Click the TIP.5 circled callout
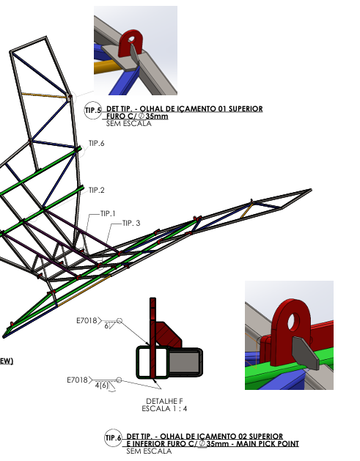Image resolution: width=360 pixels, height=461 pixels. [x=92, y=111]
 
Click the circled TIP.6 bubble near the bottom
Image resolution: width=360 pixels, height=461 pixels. [x=113, y=438]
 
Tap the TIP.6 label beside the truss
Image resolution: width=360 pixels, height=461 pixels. [x=97, y=144]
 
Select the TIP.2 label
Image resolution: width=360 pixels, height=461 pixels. [x=97, y=191]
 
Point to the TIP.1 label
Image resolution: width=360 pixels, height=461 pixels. [x=108, y=214]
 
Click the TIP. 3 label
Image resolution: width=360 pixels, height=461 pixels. [x=131, y=223]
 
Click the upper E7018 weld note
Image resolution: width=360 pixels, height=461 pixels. [x=87, y=320]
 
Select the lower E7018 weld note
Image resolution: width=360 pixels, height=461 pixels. [x=78, y=380]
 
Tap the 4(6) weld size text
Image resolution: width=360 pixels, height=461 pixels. [x=102, y=386]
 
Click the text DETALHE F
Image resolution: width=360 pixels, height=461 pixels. [x=164, y=401]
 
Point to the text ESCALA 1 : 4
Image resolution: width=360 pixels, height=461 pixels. [x=164, y=409]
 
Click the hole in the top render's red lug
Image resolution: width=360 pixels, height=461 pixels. [x=131, y=39]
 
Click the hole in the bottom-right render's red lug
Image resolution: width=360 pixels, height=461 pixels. [x=293, y=321]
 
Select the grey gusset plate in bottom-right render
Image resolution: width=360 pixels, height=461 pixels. [x=305, y=353]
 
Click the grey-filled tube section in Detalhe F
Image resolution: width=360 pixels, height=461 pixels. [x=184, y=362]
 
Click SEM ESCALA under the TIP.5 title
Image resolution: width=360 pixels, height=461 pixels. [x=129, y=123]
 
